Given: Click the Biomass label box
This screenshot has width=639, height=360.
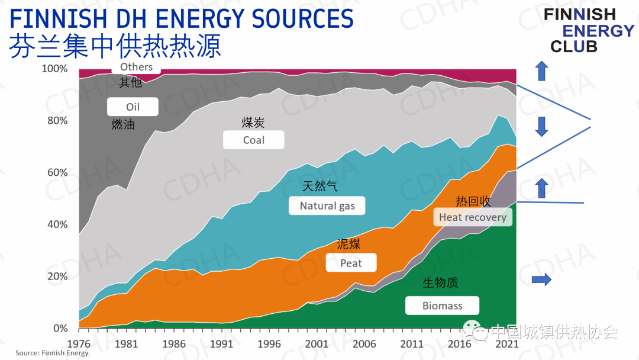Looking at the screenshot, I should tap(442, 306).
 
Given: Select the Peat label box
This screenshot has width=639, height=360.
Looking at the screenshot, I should tap(351, 263).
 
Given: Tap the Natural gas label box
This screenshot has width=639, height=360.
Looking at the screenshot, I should tap(327, 206).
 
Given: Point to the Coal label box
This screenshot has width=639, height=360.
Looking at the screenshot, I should tap(253, 140).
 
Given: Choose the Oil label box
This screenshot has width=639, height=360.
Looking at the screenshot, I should tap(133, 107).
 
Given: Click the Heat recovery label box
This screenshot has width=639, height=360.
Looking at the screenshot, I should tap(473, 217).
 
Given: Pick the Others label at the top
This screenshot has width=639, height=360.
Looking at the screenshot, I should tap(136, 67).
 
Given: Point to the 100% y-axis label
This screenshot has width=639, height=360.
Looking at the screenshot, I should tap(55, 69).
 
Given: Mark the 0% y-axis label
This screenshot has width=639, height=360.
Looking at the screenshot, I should tap(60, 329).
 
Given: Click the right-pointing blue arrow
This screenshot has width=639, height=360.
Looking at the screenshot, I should tap(541, 279).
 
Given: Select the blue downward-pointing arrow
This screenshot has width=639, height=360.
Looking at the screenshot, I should tap(540, 126).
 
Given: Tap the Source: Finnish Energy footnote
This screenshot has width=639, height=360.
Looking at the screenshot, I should tap(52, 353).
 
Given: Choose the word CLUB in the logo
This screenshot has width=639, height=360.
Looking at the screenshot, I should tap(573, 47).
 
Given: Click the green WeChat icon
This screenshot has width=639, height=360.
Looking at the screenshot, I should tap(473, 330).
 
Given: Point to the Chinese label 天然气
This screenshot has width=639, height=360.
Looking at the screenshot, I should tap(320, 187).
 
